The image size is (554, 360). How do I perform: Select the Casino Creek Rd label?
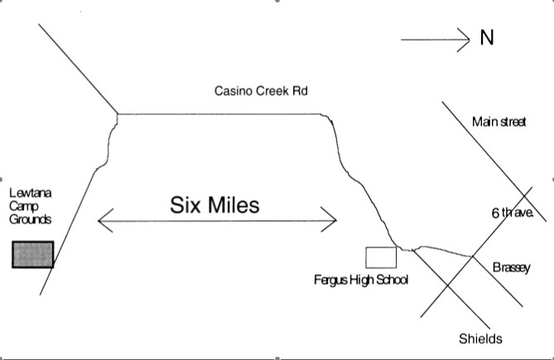(x=260, y=91)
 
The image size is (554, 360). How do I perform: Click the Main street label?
(x=499, y=122)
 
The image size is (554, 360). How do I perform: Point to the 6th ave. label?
(x=510, y=213)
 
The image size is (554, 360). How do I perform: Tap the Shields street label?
(x=480, y=338)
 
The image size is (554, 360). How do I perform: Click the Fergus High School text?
(x=361, y=280)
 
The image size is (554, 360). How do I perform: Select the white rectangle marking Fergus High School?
(x=381, y=257)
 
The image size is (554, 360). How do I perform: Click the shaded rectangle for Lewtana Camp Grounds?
(x=32, y=255)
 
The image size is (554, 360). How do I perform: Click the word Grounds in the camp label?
(x=31, y=219)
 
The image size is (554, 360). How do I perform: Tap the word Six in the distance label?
(x=186, y=204)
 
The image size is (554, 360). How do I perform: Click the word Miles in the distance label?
(x=234, y=204)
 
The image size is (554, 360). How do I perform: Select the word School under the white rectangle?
(x=392, y=280)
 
